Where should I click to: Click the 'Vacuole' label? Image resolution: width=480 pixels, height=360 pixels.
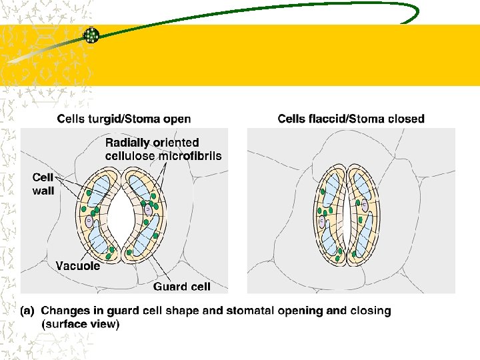pyautogui.click(x=78, y=266)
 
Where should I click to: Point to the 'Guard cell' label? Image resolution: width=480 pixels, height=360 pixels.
pyautogui.click(x=182, y=287)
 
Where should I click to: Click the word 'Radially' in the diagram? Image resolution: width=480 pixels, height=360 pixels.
pyautogui.click(x=127, y=142)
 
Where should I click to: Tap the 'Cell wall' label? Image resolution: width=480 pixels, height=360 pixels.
pyautogui.click(x=44, y=184)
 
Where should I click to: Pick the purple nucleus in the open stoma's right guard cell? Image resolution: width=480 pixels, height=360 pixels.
pyautogui.click(x=147, y=210)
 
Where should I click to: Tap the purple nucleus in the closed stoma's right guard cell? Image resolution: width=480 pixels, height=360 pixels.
pyautogui.click(x=365, y=206)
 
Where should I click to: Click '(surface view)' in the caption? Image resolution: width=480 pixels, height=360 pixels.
pyautogui.click(x=80, y=324)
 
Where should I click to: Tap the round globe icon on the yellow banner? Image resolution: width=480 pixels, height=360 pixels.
pyautogui.click(x=91, y=35)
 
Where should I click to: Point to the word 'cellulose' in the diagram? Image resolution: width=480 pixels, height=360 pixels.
pyautogui.click(x=129, y=156)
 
